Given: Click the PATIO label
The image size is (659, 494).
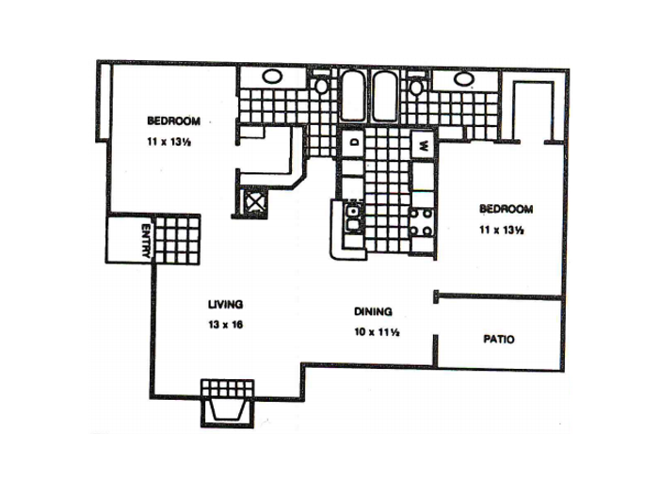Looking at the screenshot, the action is (x=498, y=339).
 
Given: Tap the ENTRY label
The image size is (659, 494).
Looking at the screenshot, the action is (x=145, y=241).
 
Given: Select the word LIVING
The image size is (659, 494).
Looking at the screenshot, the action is (x=225, y=304).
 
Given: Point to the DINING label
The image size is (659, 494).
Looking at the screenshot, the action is (x=373, y=311).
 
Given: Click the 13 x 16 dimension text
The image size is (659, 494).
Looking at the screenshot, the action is (x=225, y=325).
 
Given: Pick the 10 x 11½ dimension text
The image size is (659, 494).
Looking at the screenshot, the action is (x=377, y=332).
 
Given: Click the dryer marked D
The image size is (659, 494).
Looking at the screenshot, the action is (x=353, y=142).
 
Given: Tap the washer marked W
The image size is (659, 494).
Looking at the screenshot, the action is (x=424, y=145).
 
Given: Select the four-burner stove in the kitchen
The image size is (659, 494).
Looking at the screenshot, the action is (x=422, y=222).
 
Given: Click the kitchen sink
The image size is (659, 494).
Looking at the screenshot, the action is (x=353, y=217).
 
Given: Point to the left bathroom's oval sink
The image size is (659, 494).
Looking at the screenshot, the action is (x=272, y=76).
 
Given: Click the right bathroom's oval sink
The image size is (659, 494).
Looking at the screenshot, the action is (x=463, y=78).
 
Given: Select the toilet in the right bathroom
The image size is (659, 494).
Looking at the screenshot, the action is (x=416, y=86).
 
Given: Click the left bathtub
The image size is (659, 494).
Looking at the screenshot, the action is (x=353, y=96).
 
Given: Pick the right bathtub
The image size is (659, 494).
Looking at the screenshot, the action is (x=384, y=97).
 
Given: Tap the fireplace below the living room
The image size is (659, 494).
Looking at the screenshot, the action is (x=228, y=404).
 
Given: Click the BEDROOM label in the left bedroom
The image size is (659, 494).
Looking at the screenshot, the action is (x=173, y=121).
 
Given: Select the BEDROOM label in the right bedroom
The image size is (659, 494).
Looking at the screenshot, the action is (x=506, y=209).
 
